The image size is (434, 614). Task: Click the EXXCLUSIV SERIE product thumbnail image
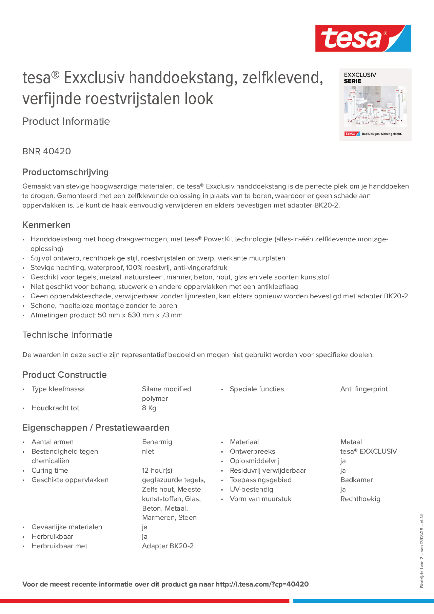point(375,105)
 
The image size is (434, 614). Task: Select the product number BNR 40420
point(46,151)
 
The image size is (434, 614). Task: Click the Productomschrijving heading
point(66,172)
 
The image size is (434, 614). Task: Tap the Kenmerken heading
point(46,225)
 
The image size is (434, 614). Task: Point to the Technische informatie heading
point(67,335)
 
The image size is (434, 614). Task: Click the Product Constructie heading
point(64,375)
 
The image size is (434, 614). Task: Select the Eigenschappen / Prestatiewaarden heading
point(96,428)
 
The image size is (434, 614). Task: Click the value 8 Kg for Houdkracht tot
point(149,408)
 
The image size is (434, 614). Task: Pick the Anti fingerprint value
point(364,389)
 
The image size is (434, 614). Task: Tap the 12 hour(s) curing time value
point(157,470)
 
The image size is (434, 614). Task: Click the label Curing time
point(50,470)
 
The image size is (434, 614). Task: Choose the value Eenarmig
point(157,442)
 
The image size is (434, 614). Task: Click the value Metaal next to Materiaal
point(351,442)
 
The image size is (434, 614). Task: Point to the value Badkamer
point(356,480)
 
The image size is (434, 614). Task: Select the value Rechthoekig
point(360,499)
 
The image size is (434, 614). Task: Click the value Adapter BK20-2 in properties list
point(168,546)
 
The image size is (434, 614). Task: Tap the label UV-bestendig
point(252,489)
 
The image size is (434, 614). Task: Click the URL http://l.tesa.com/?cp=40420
point(262,584)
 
